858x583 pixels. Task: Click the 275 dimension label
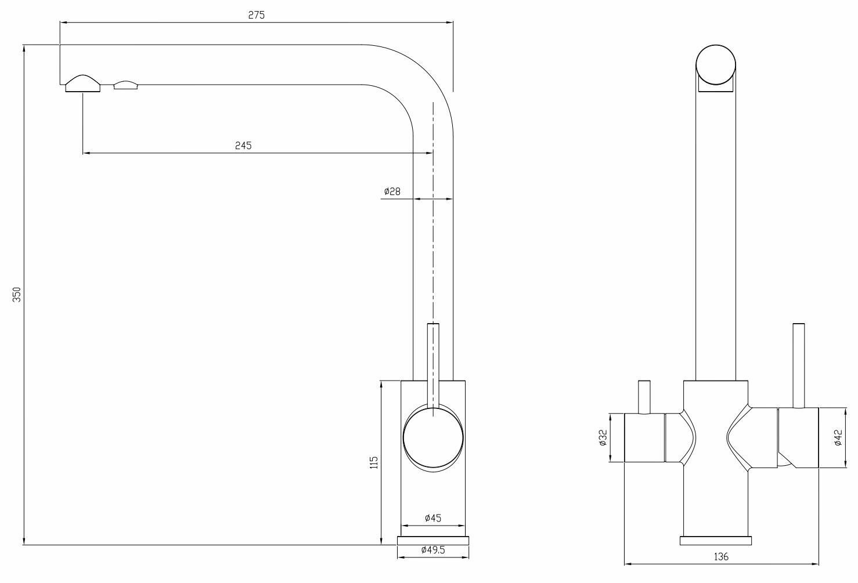coord(256,16)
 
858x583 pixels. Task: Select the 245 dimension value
coord(243,146)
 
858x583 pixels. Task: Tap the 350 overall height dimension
coord(17,294)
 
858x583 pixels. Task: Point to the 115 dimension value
coord(374,462)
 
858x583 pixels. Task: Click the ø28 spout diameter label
coord(392,191)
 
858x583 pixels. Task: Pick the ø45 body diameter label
coord(433,518)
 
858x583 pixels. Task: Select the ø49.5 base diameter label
coord(433,550)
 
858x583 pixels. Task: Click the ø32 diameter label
coord(603,437)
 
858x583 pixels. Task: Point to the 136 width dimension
coord(720,557)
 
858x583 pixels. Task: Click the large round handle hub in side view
coord(433,438)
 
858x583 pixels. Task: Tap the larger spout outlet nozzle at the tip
coord(83,84)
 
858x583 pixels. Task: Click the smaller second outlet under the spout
coord(127,86)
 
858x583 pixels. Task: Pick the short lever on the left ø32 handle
coord(644,397)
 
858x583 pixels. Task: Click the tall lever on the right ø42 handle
coord(798,365)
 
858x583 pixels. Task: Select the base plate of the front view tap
coord(716,541)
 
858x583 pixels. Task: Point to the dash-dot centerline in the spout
coord(433,232)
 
